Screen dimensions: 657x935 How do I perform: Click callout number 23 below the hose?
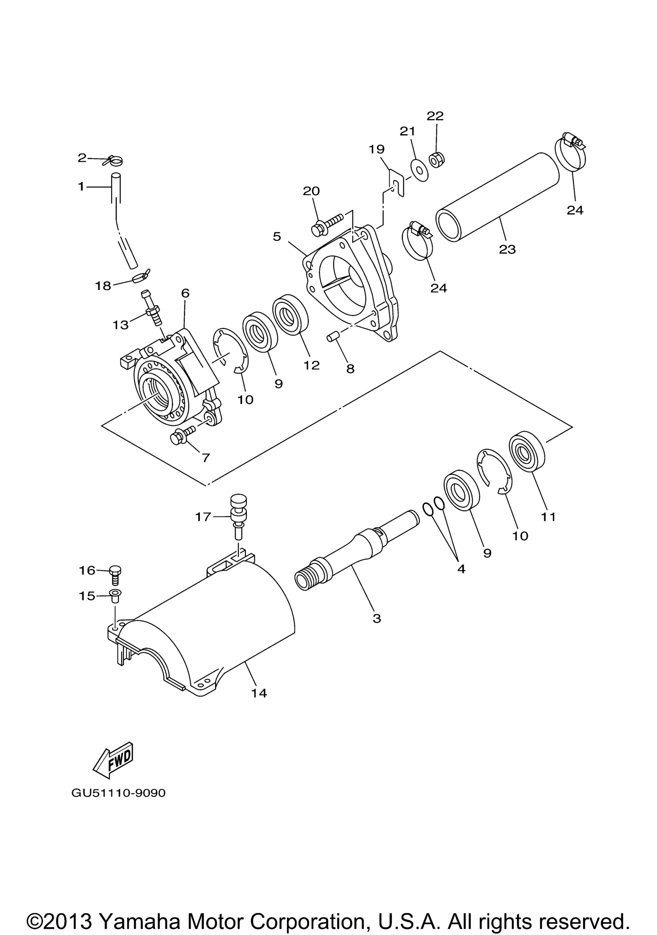click(508, 249)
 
